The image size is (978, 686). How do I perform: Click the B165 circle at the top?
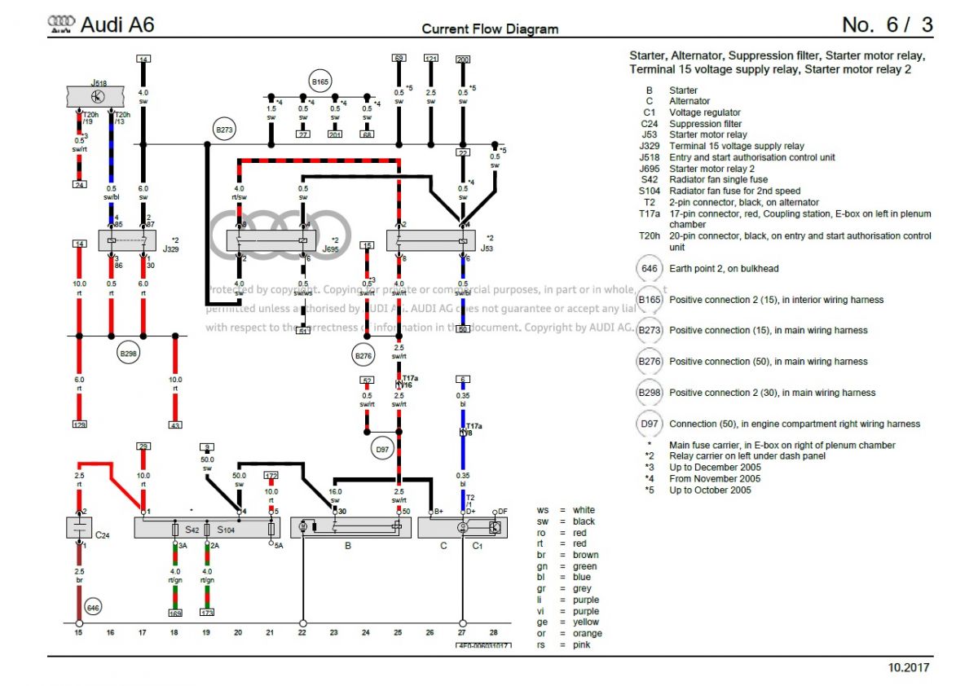click(x=319, y=82)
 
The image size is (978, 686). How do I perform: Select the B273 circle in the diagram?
click(x=223, y=129)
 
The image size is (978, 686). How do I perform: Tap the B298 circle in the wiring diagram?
click(x=128, y=354)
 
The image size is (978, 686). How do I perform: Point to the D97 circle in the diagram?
click(x=381, y=448)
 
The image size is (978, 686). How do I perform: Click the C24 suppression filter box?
click(x=80, y=527)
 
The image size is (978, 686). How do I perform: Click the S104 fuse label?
click(x=226, y=530)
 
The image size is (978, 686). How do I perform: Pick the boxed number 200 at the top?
click(x=463, y=59)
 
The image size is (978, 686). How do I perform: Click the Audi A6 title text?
click(x=117, y=25)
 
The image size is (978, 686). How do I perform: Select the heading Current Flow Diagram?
click(x=490, y=29)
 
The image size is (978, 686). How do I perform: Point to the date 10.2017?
click(x=908, y=668)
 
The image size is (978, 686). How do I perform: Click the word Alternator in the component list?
click(x=689, y=101)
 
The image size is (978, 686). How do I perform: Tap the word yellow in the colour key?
click(x=586, y=622)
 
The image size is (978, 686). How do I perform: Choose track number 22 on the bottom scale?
click(x=302, y=632)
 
